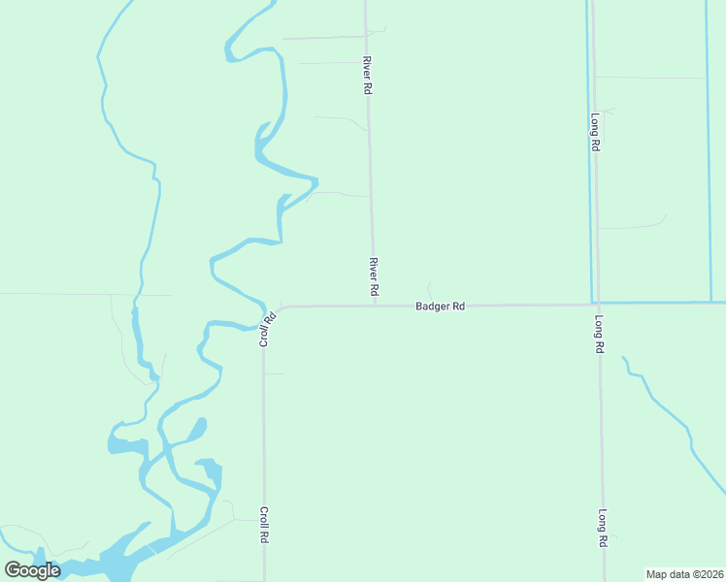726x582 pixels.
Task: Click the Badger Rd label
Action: click(440, 307)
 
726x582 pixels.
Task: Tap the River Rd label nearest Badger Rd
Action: click(372, 276)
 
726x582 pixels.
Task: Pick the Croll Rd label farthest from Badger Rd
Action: click(263, 524)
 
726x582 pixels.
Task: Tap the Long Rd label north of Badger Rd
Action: click(595, 132)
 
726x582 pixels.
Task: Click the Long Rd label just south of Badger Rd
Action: click(600, 333)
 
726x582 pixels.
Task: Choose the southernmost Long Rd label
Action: click(603, 529)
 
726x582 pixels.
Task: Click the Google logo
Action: click(32, 570)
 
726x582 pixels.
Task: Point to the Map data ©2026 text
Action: click(684, 574)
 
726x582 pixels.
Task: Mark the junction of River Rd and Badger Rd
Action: click(376, 306)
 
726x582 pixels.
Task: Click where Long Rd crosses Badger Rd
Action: click(597, 304)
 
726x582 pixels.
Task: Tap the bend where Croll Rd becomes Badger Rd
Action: click(280, 308)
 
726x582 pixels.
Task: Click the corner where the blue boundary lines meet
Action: click(591, 302)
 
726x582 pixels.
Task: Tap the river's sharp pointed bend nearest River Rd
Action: click(315, 178)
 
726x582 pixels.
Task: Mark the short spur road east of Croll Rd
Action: click(275, 373)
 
